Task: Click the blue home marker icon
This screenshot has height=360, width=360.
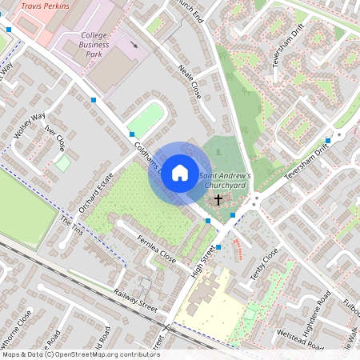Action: (x=180, y=173)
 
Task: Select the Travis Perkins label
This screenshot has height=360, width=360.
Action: (x=46, y=6)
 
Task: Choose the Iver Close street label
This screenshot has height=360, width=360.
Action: (x=57, y=138)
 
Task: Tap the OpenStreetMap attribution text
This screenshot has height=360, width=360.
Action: (x=80, y=354)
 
